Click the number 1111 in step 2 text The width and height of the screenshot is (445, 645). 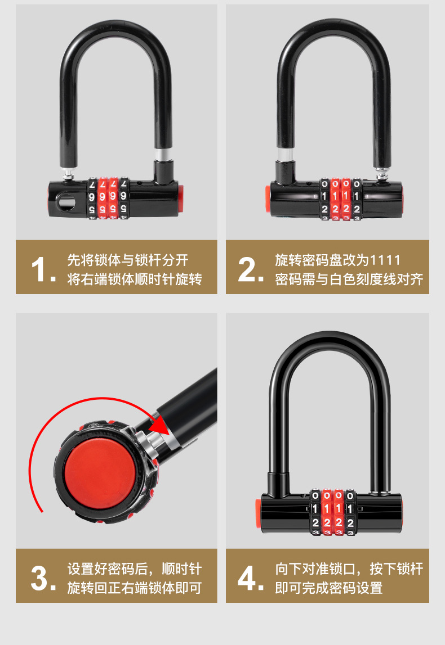coord(385,260)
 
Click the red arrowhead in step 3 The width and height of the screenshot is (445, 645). coord(161,425)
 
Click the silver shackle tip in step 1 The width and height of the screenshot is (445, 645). coord(68,172)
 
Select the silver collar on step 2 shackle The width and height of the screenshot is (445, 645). coord(284,154)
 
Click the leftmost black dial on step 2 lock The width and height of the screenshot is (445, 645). coord(324,199)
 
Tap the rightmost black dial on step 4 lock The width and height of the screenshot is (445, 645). coord(350,512)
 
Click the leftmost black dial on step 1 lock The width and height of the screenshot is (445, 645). coord(92,199)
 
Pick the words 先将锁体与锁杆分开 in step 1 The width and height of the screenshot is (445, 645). coord(128,260)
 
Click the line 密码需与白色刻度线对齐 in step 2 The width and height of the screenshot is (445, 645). coord(349,279)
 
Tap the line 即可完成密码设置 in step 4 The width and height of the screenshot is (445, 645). coord(329,588)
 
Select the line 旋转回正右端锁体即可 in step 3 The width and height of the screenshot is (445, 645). coord(134,588)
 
